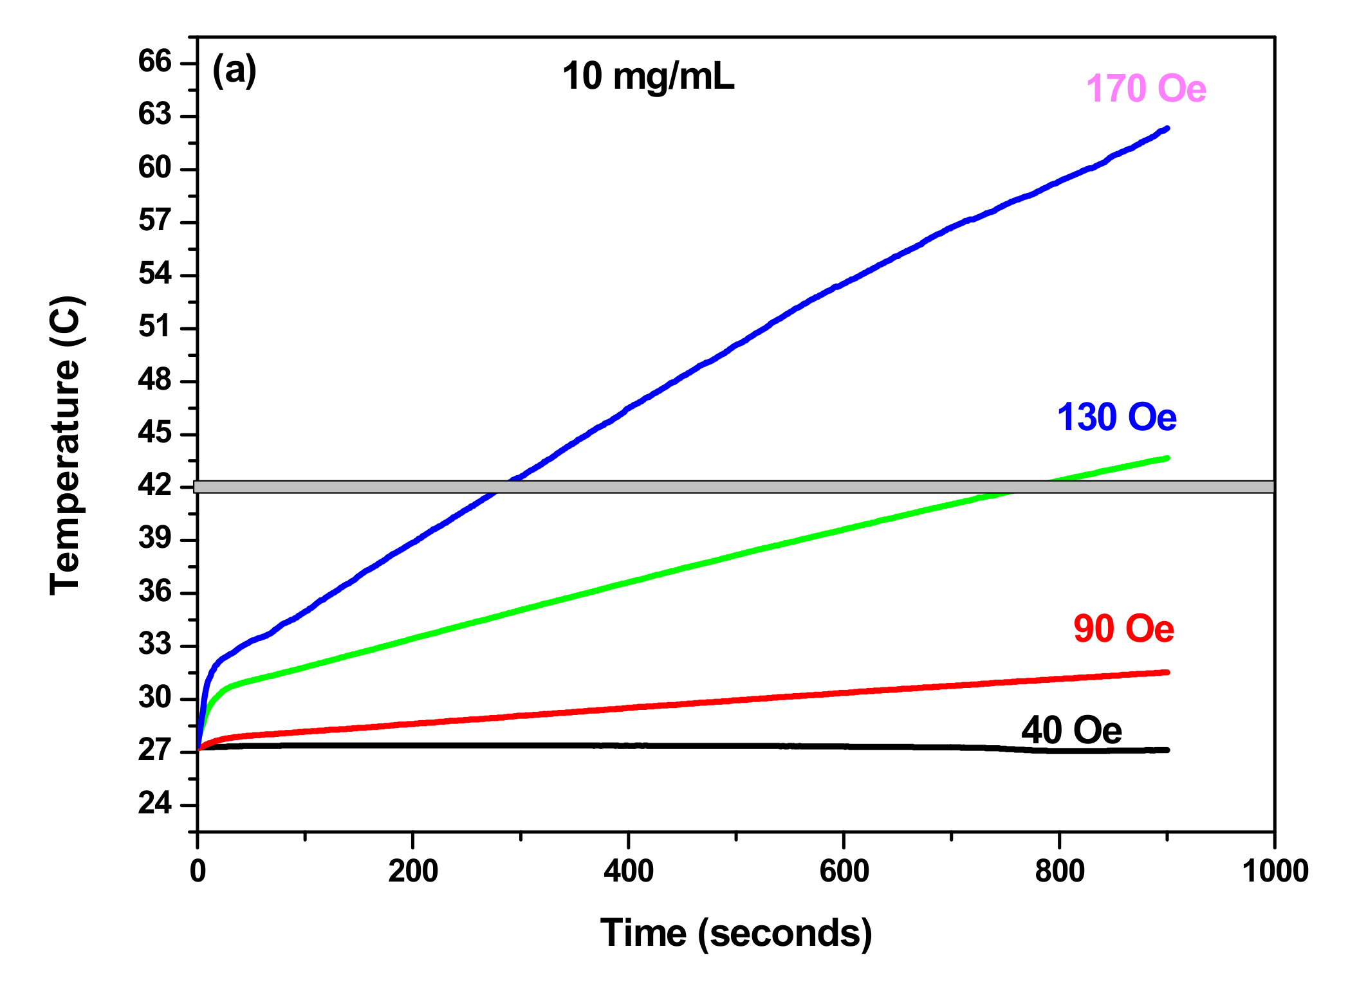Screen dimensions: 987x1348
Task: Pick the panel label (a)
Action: (x=234, y=69)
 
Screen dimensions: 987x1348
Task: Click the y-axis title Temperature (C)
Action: (x=66, y=445)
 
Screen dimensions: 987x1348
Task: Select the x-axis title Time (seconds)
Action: (x=735, y=933)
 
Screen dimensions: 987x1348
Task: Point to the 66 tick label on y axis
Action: (x=155, y=62)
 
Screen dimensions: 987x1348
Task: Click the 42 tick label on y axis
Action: (x=155, y=485)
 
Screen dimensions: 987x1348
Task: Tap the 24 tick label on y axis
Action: (x=155, y=804)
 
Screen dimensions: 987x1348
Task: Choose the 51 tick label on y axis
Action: (x=155, y=327)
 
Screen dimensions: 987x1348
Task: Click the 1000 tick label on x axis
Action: (x=1275, y=871)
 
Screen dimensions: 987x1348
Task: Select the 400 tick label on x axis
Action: (x=628, y=871)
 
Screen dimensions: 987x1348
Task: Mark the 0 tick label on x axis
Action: (x=198, y=871)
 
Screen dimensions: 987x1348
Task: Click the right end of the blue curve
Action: (x=1167, y=129)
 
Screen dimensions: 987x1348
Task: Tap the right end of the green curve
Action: (x=1167, y=458)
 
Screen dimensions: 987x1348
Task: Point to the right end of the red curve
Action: (x=1167, y=673)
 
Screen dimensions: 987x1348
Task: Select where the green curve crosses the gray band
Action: (x=1029, y=487)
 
